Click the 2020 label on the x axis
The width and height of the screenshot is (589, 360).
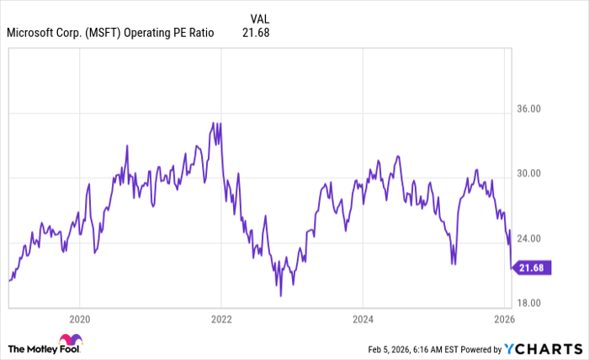(79, 320)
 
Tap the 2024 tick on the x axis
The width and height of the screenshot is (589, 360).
(362, 320)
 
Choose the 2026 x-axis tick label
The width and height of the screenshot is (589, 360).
(503, 320)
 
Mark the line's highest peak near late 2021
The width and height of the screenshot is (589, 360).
(214, 123)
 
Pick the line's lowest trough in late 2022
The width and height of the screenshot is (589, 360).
(280, 295)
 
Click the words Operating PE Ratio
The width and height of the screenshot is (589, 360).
(172, 33)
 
